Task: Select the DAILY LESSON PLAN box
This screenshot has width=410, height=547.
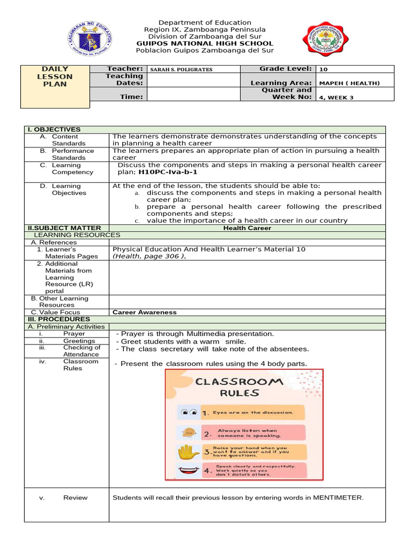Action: click(55, 76)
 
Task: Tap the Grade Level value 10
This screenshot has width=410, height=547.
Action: click(324, 69)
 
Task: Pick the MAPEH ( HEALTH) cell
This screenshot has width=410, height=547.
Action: click(349, 83)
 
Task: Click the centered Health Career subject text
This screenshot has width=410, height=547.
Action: click(247, 228)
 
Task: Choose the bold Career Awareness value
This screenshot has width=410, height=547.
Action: click(144, 312)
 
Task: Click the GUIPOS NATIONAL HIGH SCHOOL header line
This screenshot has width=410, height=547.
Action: click(204, 44)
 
